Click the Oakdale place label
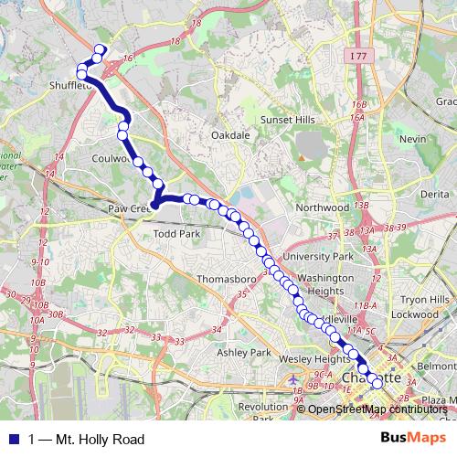[x=230, y=134]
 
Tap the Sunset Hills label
[x=288, y=120]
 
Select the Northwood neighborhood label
[x=324, y=207]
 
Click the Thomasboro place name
[x=224, y=281]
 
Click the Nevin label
[x=413, y=138]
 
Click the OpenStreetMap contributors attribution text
[x=384, y=409]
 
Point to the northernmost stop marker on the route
[x=100, y=49]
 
